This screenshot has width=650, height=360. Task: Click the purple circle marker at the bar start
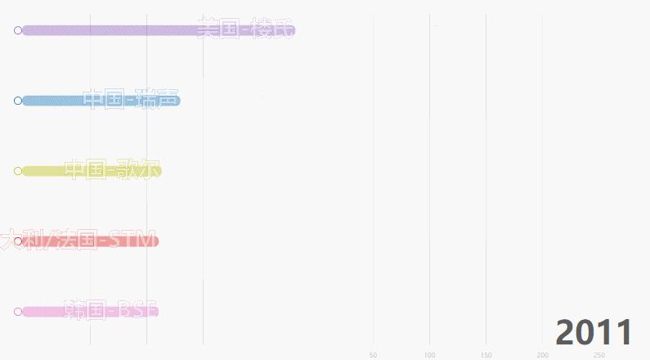[18, 31]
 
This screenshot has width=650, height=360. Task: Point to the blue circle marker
[18, 101]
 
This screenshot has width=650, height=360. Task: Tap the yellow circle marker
[18, 171]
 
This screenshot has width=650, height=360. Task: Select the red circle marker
[18, 241]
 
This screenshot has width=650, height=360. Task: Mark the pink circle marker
[18, 312]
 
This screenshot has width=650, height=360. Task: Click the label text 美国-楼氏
[244, 29]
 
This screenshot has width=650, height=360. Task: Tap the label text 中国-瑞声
[131, 99]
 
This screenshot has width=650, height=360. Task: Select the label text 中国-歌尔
[112, 169]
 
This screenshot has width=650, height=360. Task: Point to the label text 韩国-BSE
[110, 310]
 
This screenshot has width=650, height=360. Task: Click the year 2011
[594, 333]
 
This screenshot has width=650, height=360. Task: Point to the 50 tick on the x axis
[373, 355]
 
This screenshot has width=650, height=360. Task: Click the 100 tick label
[429, 355]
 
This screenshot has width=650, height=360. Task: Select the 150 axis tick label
[486, 355]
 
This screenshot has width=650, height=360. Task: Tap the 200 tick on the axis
[542, 355]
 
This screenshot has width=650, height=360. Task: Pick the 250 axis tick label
[598, 355]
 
